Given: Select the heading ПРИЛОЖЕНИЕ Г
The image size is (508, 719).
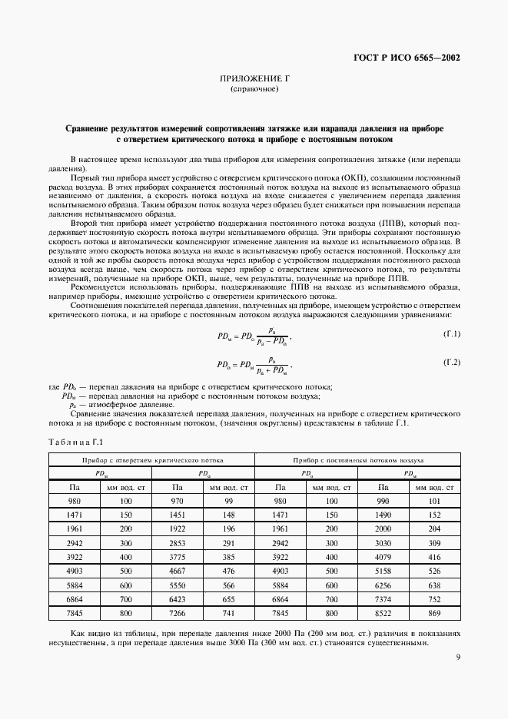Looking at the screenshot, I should [254, 79].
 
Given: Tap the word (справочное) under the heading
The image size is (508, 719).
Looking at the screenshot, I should [254, 90].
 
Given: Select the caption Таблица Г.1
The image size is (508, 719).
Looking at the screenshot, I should [75, 441].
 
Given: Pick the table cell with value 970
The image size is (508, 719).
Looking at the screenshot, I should [178, 500].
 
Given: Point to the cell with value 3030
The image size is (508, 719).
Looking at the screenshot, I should [382, 542].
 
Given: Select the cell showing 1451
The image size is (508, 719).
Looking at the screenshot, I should [178, 514].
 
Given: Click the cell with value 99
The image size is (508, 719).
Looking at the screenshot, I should [229, 500].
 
